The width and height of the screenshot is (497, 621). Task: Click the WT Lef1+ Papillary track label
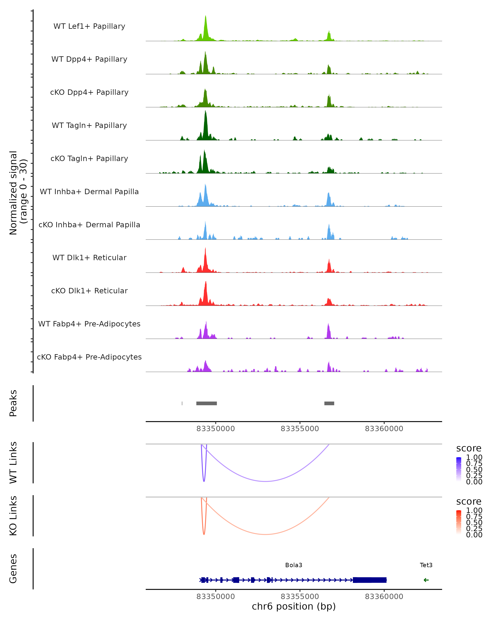(x=89, y=26)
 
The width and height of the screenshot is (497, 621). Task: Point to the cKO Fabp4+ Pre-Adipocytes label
(x=89, y=357)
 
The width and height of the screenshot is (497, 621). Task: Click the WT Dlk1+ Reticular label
(x=89, y=258)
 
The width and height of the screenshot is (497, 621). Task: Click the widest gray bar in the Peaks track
(x=207, y=403)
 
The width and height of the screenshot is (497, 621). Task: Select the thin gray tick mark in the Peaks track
(x=182, y=403)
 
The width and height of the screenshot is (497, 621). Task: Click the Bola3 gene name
(x=294, y=565)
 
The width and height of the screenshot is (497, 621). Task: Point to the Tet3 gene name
(x=426, y=565)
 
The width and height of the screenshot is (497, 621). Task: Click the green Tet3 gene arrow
(x=426, y=580)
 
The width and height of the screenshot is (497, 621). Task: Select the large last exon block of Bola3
(x=370, y=580)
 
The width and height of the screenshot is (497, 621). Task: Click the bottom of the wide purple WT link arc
(x=265, y=481)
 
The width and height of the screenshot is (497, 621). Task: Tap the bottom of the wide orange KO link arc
(x=265, y=534)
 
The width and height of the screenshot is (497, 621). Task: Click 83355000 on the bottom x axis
(x=300, y=597)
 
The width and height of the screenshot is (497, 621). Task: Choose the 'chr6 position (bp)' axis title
(x=294, y=607)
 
